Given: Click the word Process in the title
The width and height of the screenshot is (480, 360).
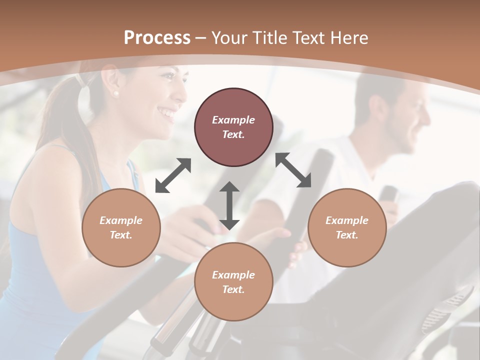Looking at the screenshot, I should click(x=157, y=38).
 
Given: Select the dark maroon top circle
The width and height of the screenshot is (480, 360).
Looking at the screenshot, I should click(x=233, y=127).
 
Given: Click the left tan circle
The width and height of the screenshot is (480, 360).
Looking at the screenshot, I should click(x=121, y=227).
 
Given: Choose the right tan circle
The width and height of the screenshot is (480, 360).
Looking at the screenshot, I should click(x=347, y=227).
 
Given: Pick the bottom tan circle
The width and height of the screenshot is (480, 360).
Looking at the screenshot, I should click(x=233, y=282).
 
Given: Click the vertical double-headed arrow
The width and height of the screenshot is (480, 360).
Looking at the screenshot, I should click(x=229, y=205).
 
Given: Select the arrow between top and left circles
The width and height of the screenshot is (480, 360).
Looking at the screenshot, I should click(x=173, y=175).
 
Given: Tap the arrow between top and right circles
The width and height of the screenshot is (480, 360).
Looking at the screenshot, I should click(x=293, y=170).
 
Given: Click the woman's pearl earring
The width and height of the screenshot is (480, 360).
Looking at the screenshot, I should click(x=116, y=93).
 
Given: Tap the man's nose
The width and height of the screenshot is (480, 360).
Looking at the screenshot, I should click(x=426, y=118).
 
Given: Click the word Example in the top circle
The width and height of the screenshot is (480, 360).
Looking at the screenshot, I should click(x=233, y=120).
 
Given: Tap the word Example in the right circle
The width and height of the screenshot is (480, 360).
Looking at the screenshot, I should click(x=347, y=220).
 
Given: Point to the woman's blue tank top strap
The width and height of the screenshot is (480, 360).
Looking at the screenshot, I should click(x=131, y=170).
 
